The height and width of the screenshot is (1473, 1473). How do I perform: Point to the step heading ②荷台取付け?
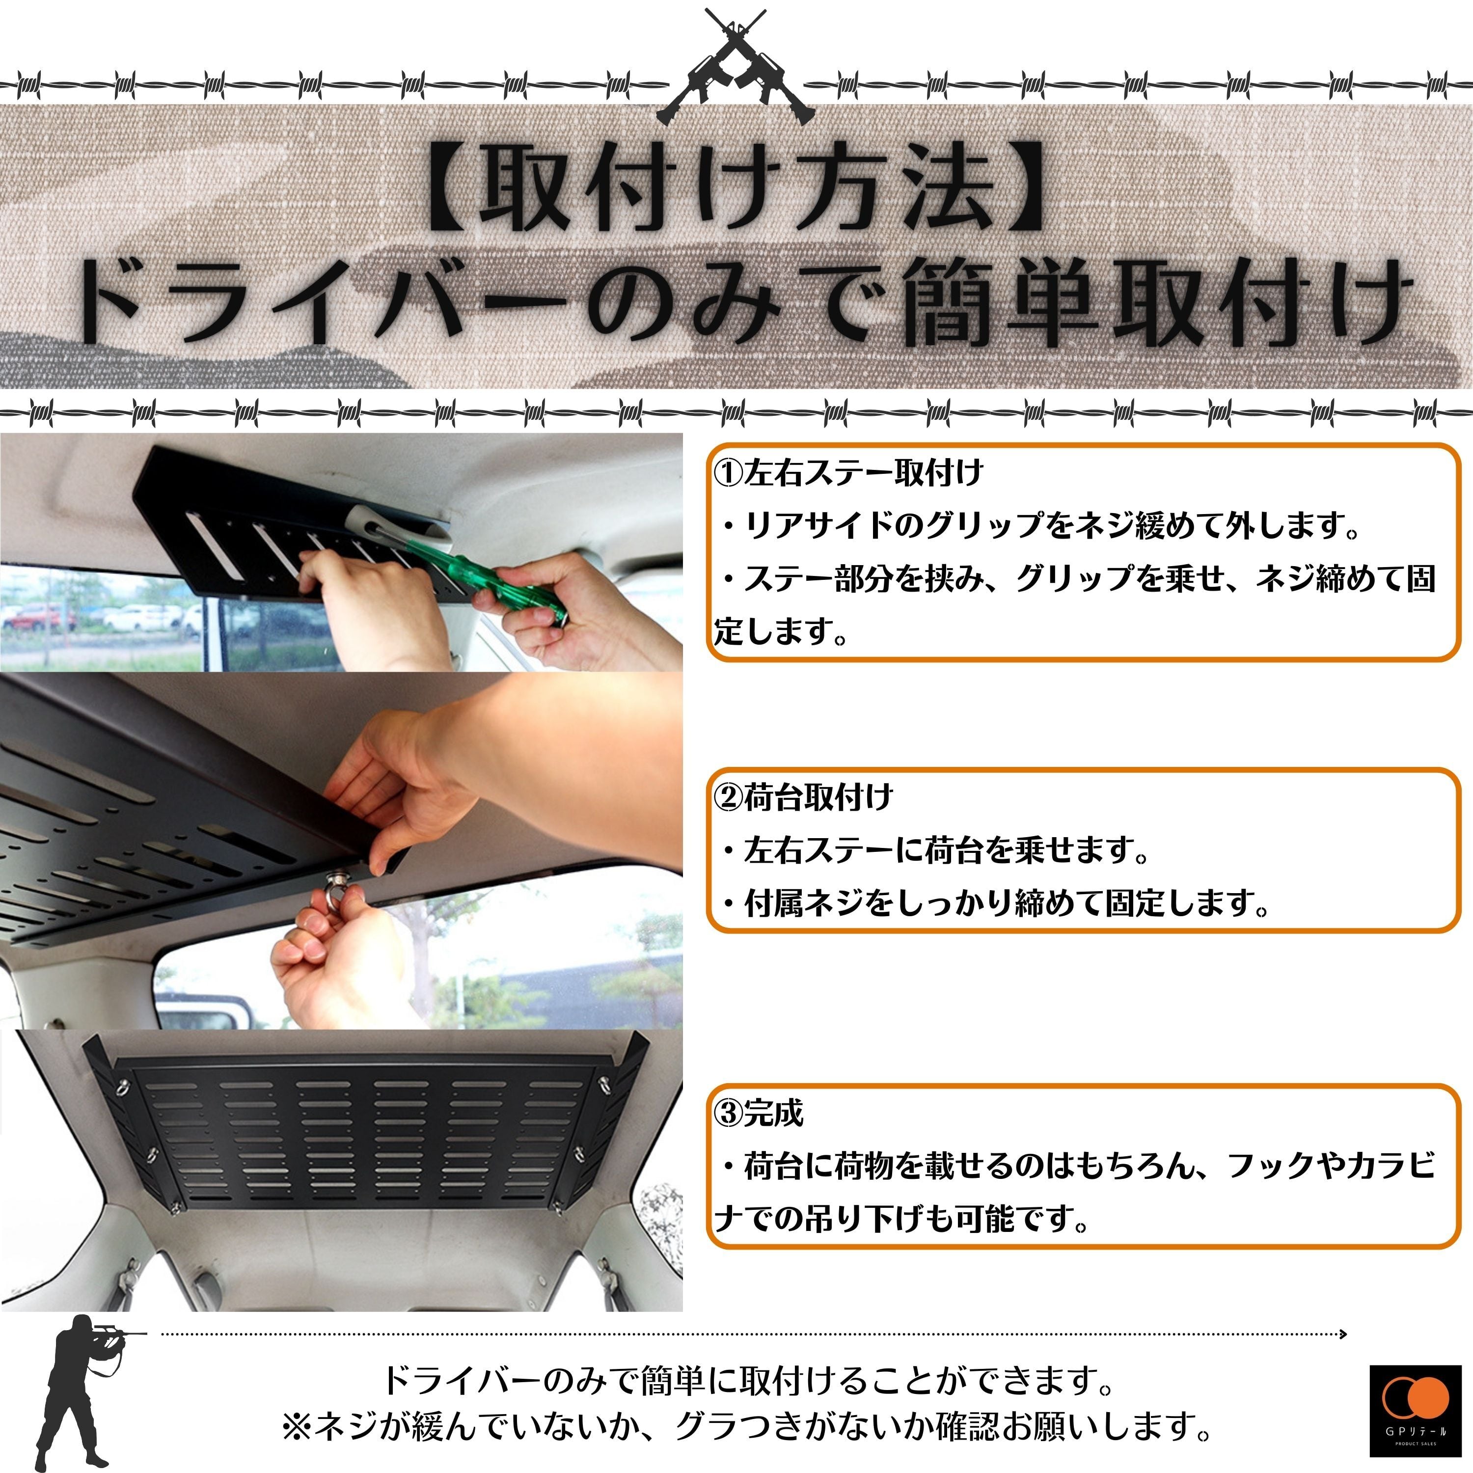[803, 797]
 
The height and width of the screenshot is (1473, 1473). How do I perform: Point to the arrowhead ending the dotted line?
[1343, 1334]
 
